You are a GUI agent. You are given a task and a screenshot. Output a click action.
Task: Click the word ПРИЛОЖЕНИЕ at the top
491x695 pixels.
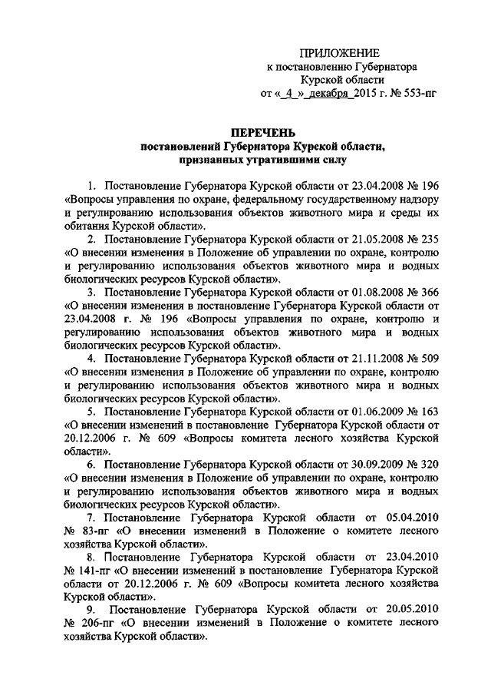pos(340,53)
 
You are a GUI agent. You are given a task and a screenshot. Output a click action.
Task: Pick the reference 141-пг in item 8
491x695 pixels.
pos(98,571)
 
